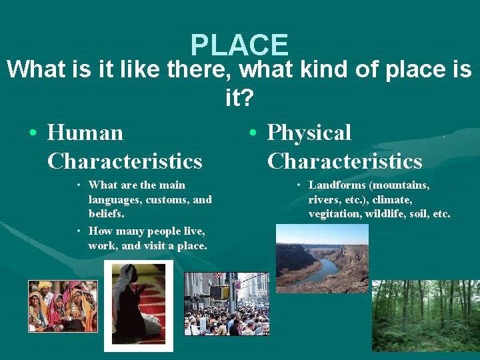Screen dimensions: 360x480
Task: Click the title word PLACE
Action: (x=239, y=45)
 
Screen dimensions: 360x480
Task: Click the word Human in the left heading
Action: (x=85, y=133)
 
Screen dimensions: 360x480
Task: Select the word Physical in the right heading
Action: (x=309, y=133)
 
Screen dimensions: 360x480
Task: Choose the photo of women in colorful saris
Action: (x=63, y=306)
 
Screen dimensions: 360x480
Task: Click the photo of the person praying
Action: (x=139, y=305)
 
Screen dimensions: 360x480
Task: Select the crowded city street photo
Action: (x=226, y=303)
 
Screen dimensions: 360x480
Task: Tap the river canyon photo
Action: (x=322, y=258)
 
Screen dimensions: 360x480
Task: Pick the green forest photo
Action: (x=425, y=315)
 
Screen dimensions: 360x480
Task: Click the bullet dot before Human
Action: (x=33, y=133)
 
